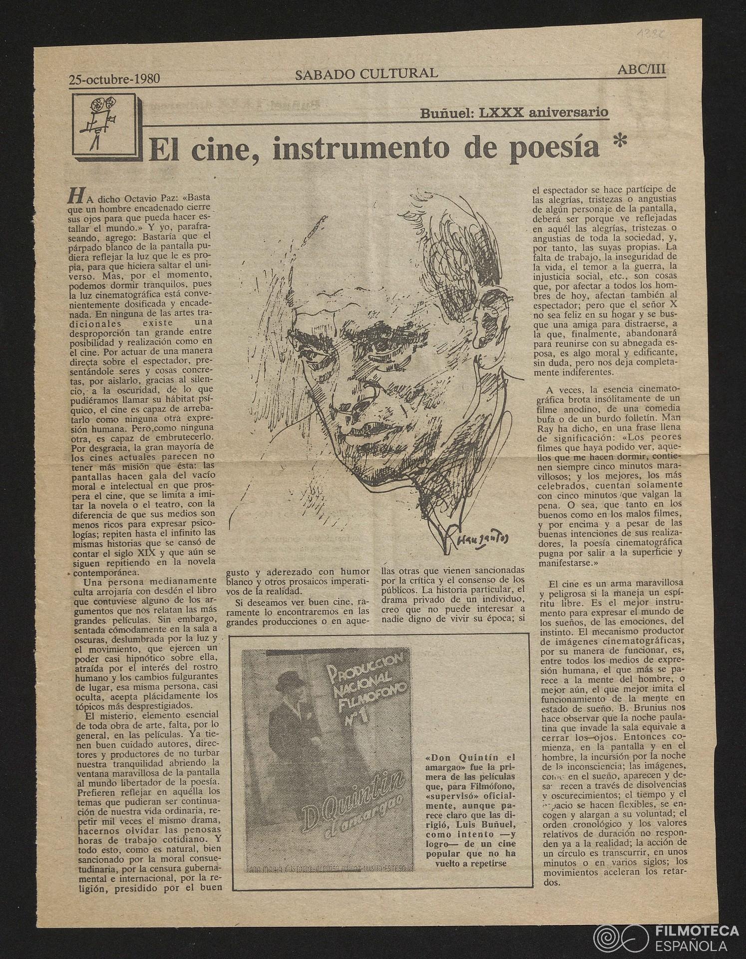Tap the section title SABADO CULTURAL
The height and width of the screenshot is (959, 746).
tap(366, 74)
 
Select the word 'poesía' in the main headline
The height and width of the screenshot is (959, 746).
tap(556, 148)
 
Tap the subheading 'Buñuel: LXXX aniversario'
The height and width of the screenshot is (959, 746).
tap(514, 112)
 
